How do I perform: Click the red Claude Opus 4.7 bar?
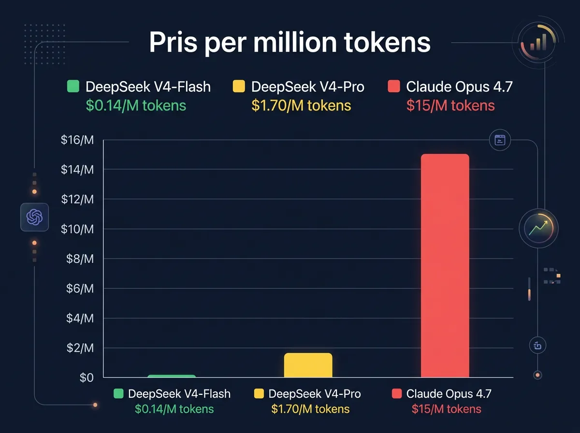click(445, 266)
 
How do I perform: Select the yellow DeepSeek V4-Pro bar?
click(308, 365)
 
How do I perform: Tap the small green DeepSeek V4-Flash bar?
click(172, 376)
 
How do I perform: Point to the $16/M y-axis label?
click(77, 140)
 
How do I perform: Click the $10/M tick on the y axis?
click(77, 229)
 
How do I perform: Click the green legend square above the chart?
click(72, 87)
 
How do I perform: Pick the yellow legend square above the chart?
click(239, 87)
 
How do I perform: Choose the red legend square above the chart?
click(394, 87)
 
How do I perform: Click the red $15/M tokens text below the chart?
click(446, 409)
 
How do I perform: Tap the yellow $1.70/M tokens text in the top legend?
click(301, 105)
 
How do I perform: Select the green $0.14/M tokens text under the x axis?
click(174, 409)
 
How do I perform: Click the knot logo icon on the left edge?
click(34, 217)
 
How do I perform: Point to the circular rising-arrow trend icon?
click(538, 227)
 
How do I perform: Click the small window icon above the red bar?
click(500, 140)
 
